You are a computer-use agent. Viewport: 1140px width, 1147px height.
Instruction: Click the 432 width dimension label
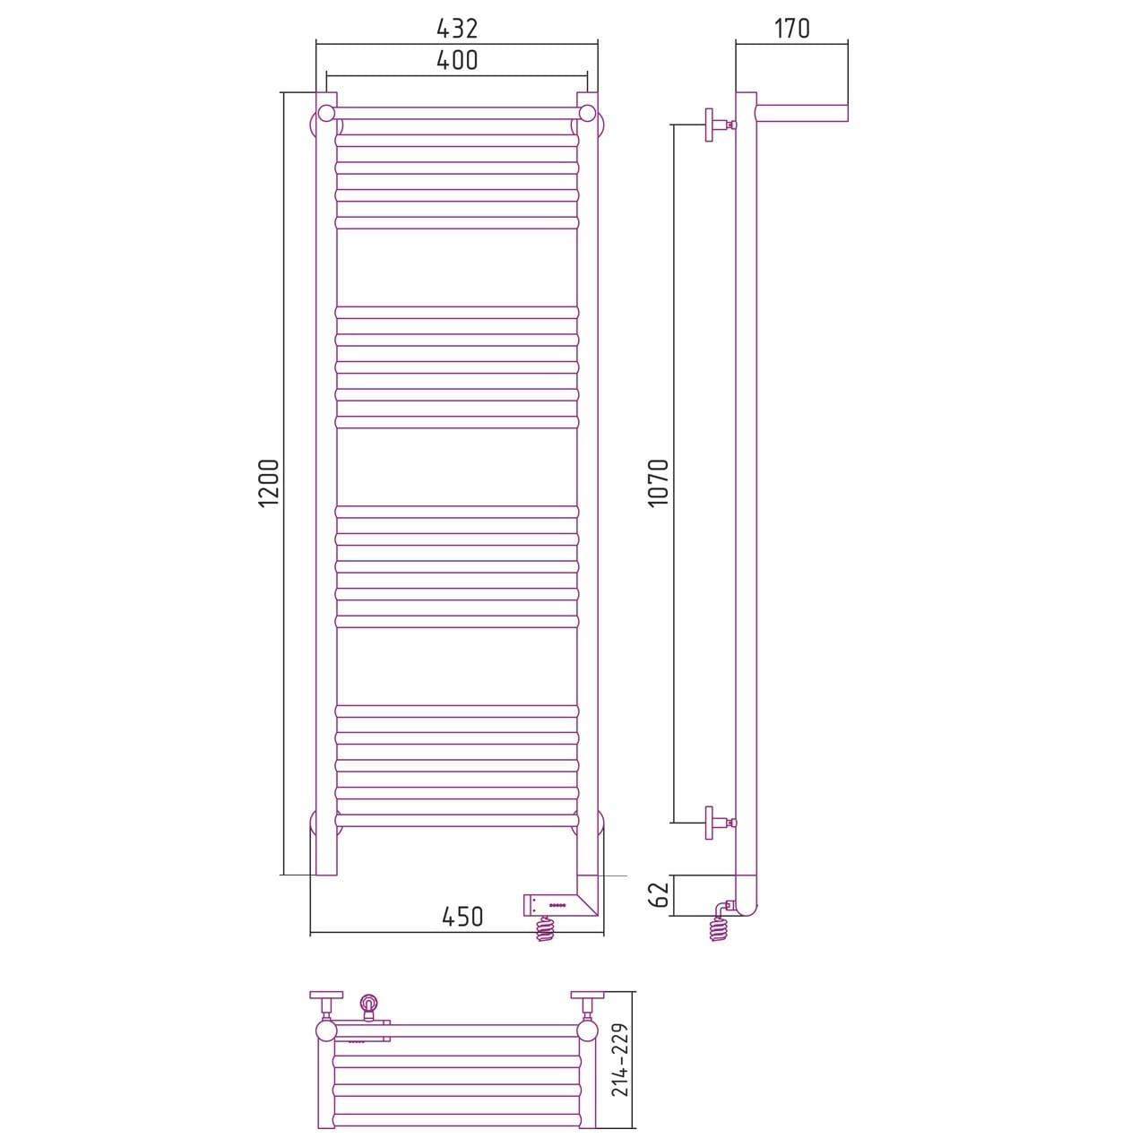pos(457,28)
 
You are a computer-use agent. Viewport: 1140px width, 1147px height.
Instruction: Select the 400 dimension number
pos(457,60)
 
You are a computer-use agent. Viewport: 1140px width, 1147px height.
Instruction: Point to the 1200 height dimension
pos(269,483)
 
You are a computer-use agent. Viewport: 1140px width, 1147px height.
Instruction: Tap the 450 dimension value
pos(462,918)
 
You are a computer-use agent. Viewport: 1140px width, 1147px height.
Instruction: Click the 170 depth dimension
pos(791,28)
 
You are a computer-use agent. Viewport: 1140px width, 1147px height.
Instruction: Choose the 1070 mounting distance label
pos(660,483)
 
